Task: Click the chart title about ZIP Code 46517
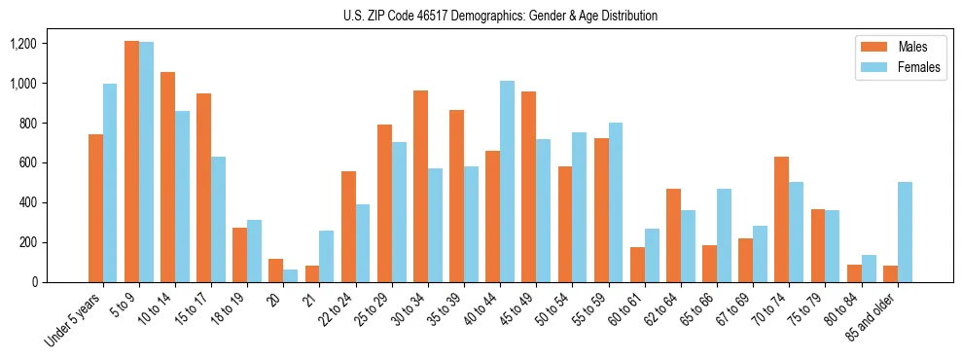point(500,16)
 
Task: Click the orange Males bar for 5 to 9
point(131,162)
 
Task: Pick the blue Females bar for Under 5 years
point(110,183)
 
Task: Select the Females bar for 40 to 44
point(507,182)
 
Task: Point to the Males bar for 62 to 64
point(673,235)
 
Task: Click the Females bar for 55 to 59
point(616,202)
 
